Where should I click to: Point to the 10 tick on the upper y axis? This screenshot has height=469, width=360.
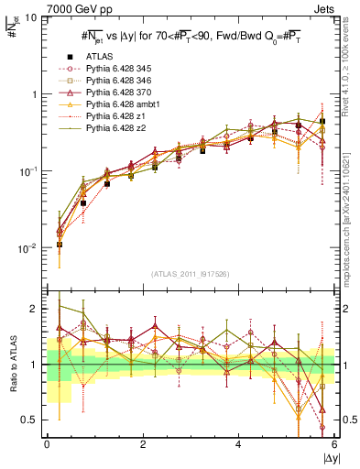pyautogui.click(x=31, y=18)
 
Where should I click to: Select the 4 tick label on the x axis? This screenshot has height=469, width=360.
pyautogui.click(x=239, y=443)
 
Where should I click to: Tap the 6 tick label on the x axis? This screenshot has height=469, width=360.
pyautogui.click(x=334, y=443)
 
